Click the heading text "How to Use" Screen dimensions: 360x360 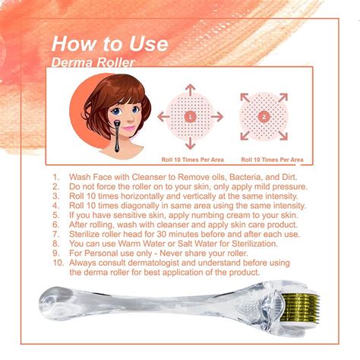click(x=110, y=44)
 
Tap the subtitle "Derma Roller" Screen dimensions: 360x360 click(x=93, y=62)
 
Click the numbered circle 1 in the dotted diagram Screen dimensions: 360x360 click(x=190, y=117)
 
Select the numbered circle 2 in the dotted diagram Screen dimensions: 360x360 click(x=264, y=117)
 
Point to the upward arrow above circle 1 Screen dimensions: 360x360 click(x=190, y=90)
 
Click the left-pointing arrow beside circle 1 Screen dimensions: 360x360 click(x=163, y=117)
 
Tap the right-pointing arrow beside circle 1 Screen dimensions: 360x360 click(x=217, y=117)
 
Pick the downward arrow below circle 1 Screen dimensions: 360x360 click(x=190, y=144)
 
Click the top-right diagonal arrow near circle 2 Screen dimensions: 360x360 click(x=283, y=98)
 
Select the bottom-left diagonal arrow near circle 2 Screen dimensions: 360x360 click(x=245, y=135)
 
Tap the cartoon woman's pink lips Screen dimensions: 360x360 click(x=129, y=128)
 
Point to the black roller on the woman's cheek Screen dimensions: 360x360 click(x=117, y=136)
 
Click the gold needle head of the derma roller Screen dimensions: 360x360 click(x=300, y=309)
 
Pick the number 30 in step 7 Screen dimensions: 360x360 click(x=162, y=234)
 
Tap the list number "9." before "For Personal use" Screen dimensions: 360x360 click(x=56, y=253)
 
